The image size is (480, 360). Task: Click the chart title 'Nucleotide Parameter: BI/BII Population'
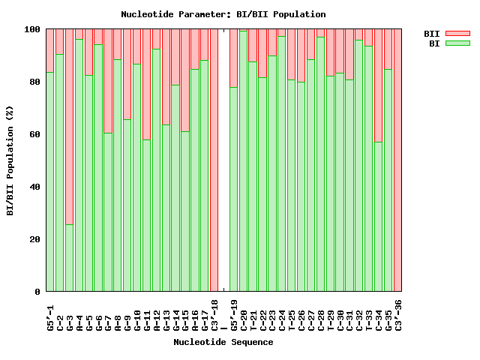[x=223, y=14]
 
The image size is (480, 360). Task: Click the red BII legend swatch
[x=457, y=34]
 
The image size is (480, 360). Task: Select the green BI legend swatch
[x=457, y=43]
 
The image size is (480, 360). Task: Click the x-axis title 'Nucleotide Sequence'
[x=223, y=342]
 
